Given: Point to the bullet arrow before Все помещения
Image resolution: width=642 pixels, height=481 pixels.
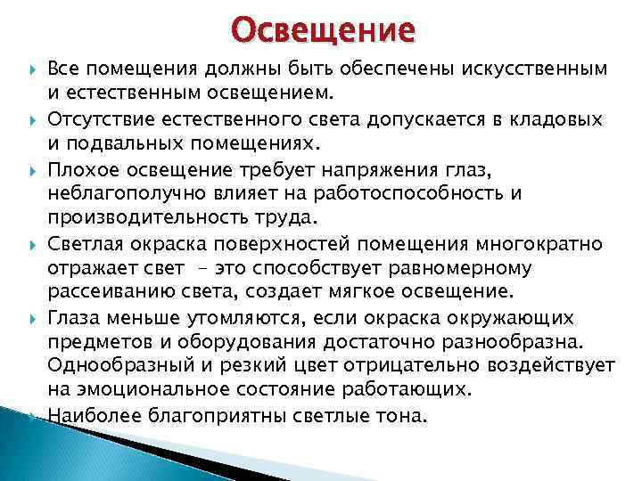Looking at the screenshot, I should pyautogui.click(x=29, y=69).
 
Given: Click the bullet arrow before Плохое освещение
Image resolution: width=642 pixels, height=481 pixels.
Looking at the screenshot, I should pyautogui.click(x=29, y=169).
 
